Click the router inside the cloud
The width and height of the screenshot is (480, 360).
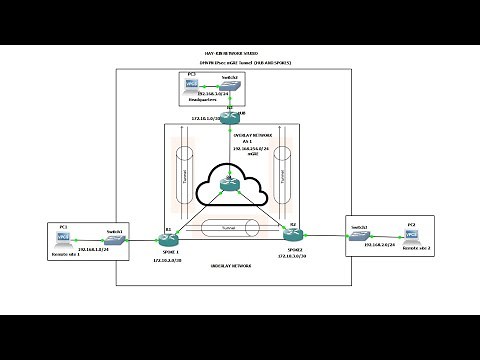231,180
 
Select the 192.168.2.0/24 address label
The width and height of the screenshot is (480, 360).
383,244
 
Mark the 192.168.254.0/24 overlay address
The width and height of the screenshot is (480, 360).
232,148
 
